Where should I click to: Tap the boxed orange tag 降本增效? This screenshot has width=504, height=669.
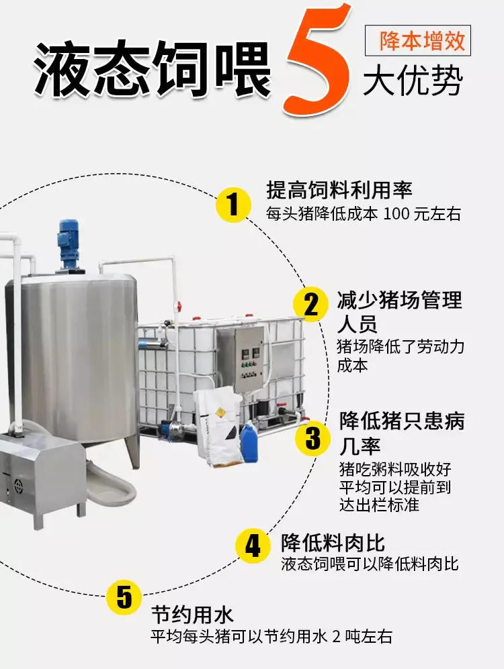pos(418,40)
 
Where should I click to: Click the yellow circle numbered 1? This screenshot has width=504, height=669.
pos(233,205)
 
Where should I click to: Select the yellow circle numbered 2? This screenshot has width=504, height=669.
pos(310,305)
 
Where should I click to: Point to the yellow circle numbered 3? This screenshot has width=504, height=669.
pos(313,438)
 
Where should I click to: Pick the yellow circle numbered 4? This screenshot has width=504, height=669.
pos(253,545)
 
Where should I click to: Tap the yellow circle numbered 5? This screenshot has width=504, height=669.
pos(124,597)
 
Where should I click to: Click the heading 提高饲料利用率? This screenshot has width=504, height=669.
pos(339,190)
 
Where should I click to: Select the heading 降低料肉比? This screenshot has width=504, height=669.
pos(333,543)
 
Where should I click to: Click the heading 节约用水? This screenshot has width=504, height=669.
pos(193,615)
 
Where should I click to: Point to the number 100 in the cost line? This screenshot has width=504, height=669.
pos(396,214)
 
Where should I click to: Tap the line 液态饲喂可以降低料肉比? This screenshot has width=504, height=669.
pos(370,564)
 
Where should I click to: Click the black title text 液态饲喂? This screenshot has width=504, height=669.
pos(153,68)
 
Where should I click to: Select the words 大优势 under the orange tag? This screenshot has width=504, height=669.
pos(413,81)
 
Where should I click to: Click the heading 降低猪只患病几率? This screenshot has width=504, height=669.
pos(402,433)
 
